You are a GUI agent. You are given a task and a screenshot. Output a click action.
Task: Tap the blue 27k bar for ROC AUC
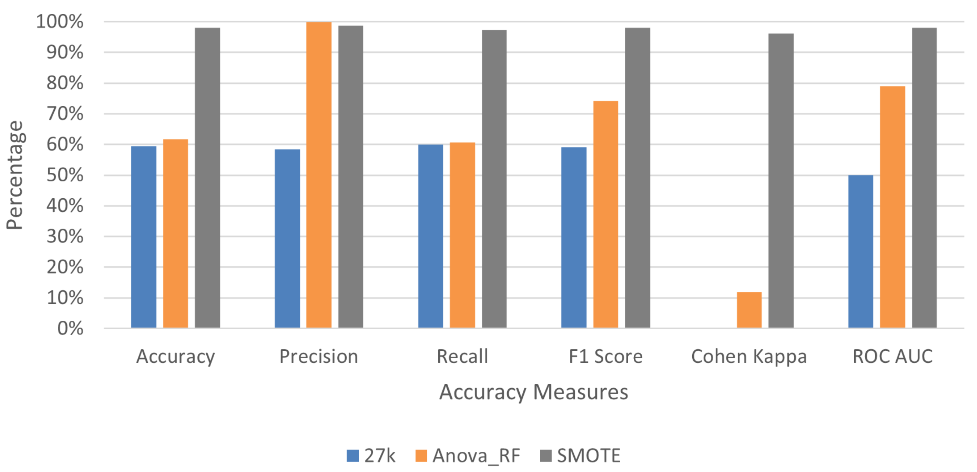coord(860,251)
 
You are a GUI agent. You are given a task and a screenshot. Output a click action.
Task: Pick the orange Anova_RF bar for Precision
coord(319,175)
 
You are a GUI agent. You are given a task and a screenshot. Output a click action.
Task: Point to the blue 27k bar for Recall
coord(430,236)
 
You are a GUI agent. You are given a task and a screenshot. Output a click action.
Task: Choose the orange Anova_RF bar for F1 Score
coord(605,214)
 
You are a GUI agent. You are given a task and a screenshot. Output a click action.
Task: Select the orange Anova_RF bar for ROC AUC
coord(892,207)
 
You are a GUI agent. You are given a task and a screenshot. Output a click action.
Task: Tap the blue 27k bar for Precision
coord(287,238)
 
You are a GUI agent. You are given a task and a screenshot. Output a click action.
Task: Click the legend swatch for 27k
coord(352,455)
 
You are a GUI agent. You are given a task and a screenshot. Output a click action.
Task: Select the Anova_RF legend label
coord(476,455)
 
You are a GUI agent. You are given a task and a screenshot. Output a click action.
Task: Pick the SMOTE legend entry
coord(588,455)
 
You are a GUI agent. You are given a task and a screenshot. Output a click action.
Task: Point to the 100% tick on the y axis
coord(60,22)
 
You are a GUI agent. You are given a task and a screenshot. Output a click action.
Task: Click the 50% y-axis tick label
coord(65,175)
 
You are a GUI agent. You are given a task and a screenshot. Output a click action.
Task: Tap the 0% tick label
coord(70,329)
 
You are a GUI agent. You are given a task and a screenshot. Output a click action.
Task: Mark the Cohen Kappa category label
coord(749,357)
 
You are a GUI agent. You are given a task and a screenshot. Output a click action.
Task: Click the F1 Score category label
coord(605,357)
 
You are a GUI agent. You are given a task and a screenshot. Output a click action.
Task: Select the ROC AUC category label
coord(892,357)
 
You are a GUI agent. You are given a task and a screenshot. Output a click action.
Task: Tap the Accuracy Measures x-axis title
coord(533,392)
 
